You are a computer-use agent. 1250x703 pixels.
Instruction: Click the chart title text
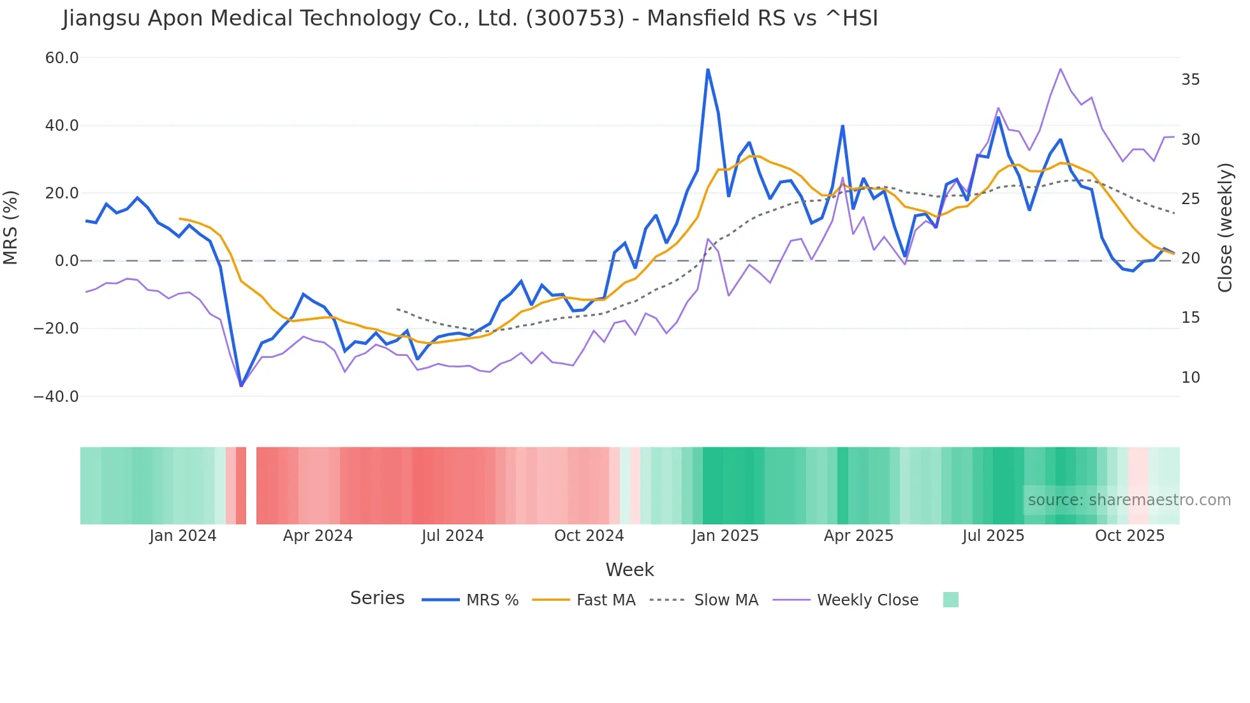coord(470,18)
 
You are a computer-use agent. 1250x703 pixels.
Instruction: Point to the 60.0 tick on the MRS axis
coord(62,58)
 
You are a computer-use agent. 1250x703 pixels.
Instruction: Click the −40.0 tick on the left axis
coord(56,396)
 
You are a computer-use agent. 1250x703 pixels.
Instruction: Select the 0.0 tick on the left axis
coord(67,261)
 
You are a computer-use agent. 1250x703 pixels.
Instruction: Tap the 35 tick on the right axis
coord(1190,80)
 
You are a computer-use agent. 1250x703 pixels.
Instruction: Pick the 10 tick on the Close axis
coord(1190,378)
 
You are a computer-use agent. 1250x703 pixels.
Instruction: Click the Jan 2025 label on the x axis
coord(724,536)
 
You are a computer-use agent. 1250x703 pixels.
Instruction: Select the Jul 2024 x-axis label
coord(452,536)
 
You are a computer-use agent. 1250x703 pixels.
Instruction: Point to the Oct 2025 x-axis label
coord(1129,536)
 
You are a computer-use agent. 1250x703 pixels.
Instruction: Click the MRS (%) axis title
coord(11,227)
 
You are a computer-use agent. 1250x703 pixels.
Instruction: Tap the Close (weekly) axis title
coord(1224,228)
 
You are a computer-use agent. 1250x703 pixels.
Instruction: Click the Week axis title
coord(629,570)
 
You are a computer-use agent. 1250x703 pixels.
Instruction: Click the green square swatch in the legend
coord(950,600)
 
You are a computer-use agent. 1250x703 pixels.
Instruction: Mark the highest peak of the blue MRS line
coord(708,70)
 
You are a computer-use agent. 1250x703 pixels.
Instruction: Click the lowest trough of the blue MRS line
coord(241,385)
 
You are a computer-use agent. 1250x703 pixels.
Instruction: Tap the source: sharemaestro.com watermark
coord(1129,500)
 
